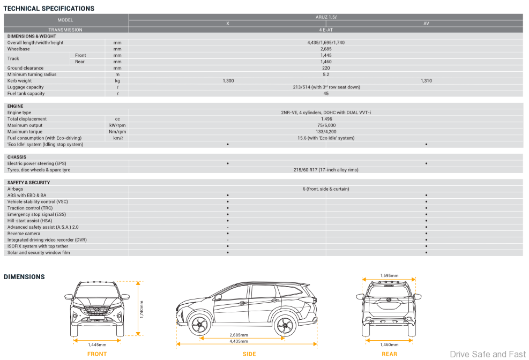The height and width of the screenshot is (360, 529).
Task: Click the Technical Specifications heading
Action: coord(49,9)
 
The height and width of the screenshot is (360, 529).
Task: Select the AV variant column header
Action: coord(426,24)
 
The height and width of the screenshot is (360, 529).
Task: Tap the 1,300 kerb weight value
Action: coord(228,81)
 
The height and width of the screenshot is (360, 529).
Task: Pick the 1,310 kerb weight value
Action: coord(426,81)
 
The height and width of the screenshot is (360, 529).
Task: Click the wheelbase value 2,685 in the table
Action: coord(326,49)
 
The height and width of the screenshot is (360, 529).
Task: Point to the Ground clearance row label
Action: coord(25,68)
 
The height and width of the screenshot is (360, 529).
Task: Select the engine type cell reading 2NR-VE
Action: coord(326,112)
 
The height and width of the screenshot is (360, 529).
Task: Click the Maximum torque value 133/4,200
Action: coord(326,132)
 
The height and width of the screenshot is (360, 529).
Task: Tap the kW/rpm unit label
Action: coord(117,125)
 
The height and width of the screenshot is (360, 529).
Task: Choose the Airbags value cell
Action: coord(326,189)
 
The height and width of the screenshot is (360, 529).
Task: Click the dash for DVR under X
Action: coord(228,240)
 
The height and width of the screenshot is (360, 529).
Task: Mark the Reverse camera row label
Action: coord(24,234)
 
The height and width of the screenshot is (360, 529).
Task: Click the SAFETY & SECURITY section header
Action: coord(29,183)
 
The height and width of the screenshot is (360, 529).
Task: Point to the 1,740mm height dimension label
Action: coord(141,310)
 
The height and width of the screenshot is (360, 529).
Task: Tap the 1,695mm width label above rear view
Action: coord(389,276)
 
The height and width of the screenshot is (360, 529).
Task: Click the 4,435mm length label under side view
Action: coord(239,341)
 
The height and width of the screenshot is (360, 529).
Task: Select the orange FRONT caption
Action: coord(97,354)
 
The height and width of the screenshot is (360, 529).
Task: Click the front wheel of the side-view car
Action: coord(199,325)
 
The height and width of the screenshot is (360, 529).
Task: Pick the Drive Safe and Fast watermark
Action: coord(488,354)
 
